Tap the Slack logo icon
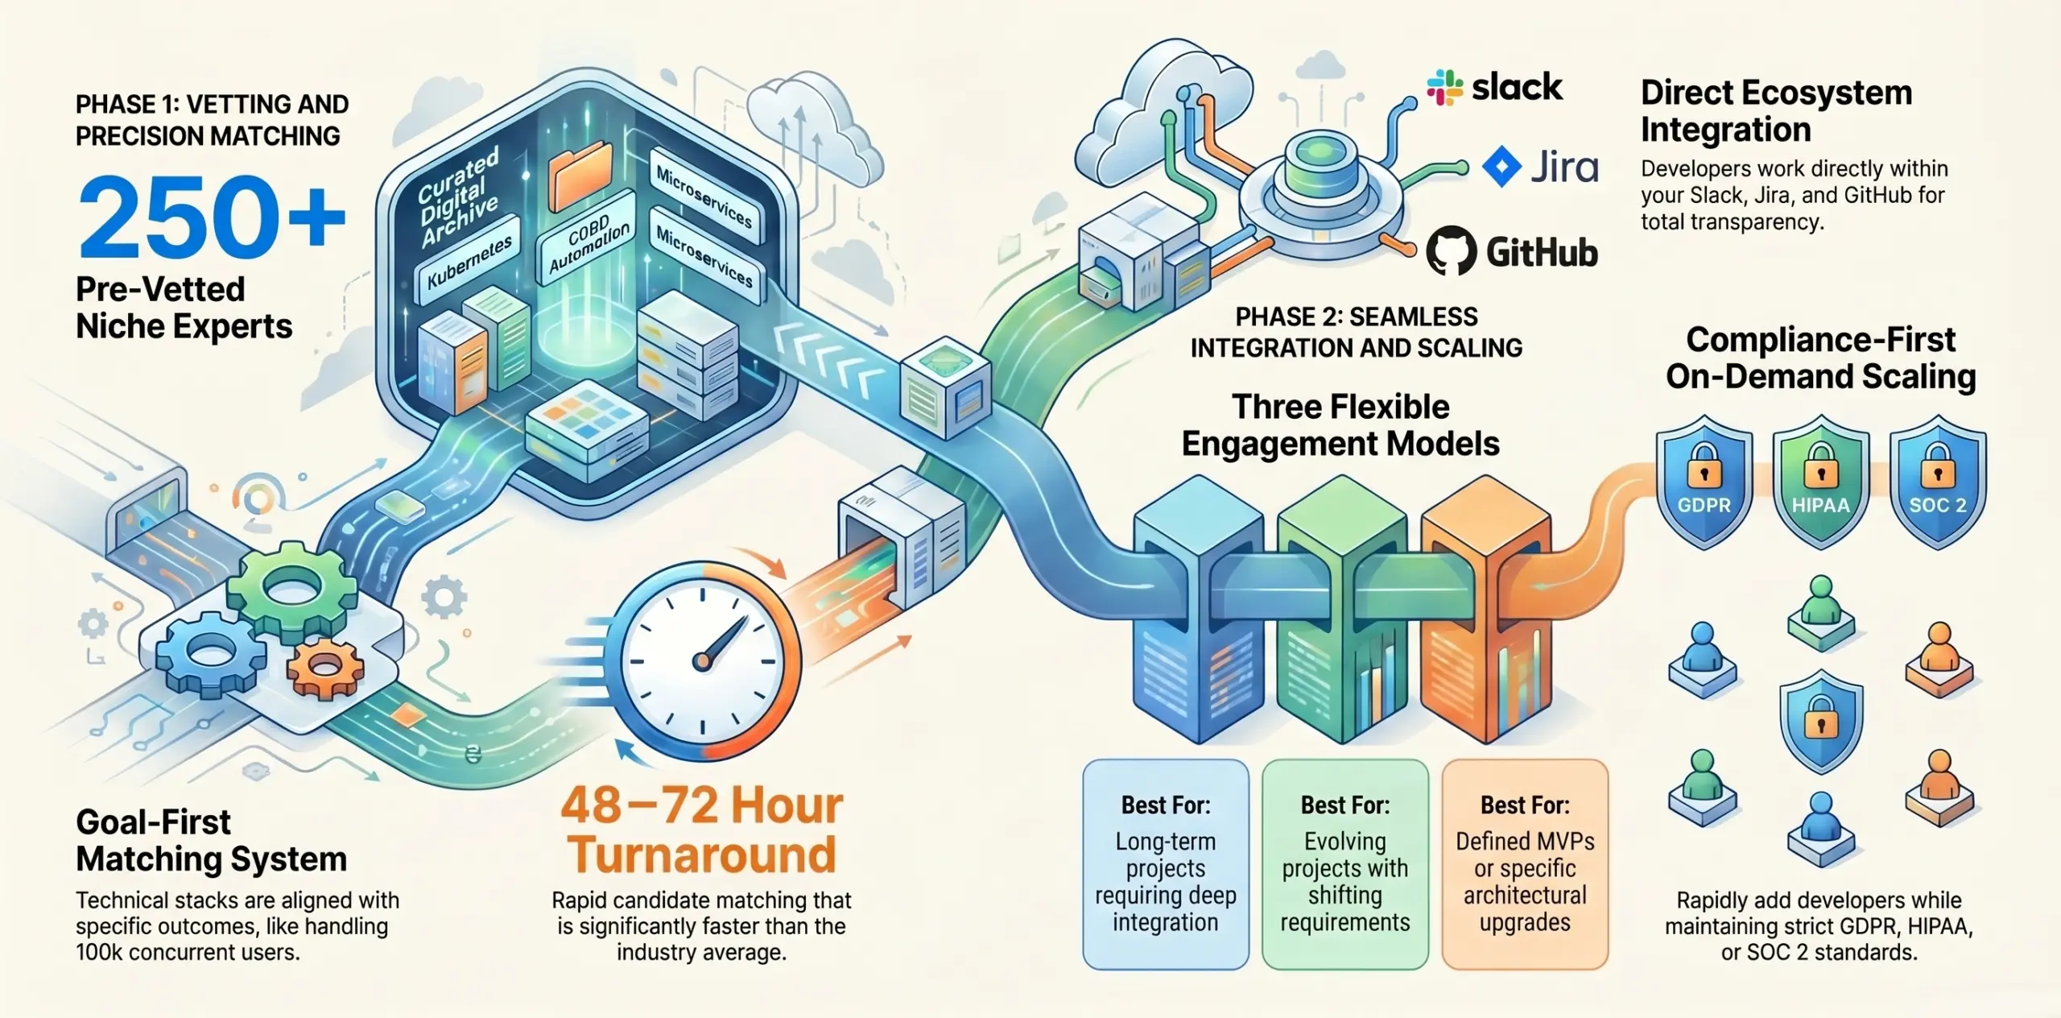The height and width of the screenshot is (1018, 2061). (1445, 88)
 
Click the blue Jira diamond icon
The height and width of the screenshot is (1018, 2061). (1501, 167)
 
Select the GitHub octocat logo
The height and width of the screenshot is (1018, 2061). (1452, 250)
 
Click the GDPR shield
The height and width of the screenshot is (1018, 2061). (1704, 482)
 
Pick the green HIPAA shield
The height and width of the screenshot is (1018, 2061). (1821, 482)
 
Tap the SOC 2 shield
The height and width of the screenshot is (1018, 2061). (1938, 482)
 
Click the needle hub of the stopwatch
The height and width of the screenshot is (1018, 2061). (702, 662)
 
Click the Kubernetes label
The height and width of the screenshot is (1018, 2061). (469, 260)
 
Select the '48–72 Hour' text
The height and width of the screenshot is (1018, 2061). (702, 805)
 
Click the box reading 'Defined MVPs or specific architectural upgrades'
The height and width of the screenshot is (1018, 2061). (1525, 864)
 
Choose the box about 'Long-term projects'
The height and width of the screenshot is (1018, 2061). (1166, 864)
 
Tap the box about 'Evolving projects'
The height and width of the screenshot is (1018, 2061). (1345, 864)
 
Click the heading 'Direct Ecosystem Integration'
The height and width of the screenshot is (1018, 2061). (1776, 111)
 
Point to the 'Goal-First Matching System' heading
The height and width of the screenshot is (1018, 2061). (211, 840)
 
